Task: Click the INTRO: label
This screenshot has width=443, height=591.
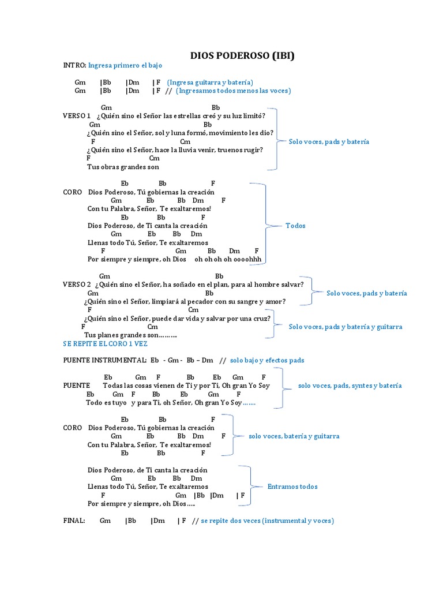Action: click(74, 66)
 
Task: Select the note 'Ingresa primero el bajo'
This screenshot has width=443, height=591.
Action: click(125, 66)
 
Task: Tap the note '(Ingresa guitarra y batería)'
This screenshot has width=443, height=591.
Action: click(210, 83)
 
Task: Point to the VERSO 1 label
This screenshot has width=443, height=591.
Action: click(77, 116)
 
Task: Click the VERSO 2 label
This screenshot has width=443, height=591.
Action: click(77, 285)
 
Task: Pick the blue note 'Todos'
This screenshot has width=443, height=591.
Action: click(295, 226)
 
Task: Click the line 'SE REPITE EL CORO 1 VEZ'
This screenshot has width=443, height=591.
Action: click(105, 343)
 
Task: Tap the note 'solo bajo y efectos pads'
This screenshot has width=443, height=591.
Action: click(266, 360)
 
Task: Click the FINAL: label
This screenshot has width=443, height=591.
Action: click(74, 521)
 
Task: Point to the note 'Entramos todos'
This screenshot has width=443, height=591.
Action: click(292, 487)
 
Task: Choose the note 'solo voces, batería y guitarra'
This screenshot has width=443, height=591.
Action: click(294, 436)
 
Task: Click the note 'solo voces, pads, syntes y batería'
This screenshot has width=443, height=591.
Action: click(350, 386)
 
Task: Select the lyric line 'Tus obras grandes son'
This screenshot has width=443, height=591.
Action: click(123, 167)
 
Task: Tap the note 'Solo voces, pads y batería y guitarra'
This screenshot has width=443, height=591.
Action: click(346, 327)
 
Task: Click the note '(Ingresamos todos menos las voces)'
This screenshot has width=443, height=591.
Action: click(233, 91)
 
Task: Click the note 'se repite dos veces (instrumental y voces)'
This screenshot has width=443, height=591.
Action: click(267, 521)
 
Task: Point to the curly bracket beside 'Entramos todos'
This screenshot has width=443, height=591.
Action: click(249, 486)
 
